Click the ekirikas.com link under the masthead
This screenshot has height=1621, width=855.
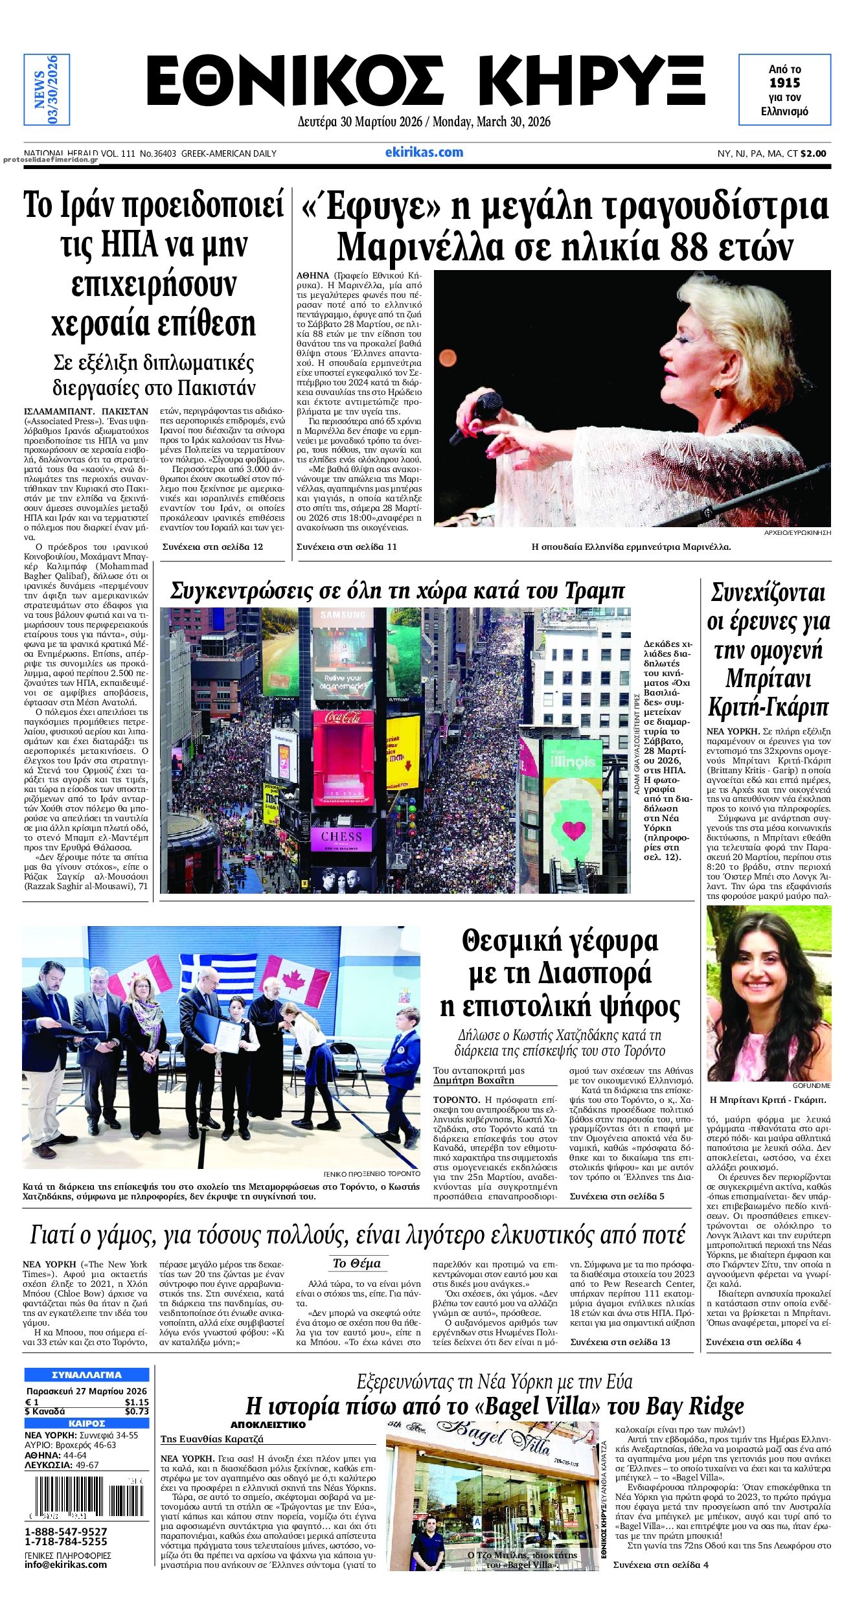point(424,152)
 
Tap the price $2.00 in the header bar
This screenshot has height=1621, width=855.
point(814,154)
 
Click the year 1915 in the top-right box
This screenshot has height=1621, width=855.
point(784,83)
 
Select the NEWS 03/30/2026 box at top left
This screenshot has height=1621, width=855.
point(46,90)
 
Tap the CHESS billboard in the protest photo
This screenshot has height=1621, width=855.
point(342,836)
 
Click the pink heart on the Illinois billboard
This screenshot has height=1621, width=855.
point(573,830)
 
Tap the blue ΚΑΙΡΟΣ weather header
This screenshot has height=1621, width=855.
point(86,1423)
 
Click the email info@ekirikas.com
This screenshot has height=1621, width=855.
point(66,1564)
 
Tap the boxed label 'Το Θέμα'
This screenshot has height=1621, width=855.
point(356,1264)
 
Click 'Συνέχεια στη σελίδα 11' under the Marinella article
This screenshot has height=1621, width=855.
point(347,547)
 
